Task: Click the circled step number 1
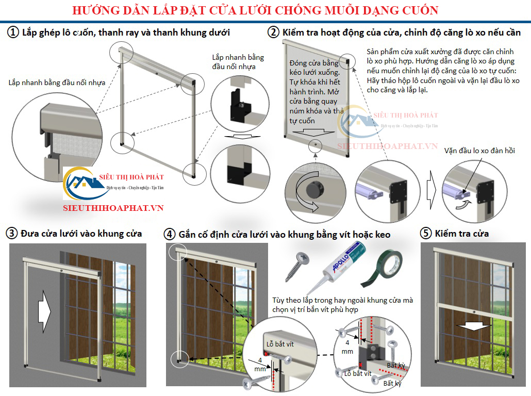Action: [x=12, y=32]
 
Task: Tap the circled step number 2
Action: [x=273, y=32]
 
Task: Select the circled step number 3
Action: [x=12, y=233]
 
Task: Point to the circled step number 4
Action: [x=170, y=234]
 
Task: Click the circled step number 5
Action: [x=426, y=234]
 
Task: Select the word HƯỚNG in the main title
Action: [x=93, y=10]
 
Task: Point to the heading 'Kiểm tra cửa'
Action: [x=462, y=234]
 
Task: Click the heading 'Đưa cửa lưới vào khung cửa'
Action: [x=81, y=234]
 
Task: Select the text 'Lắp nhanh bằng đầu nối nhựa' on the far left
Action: [x=57, y=82]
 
